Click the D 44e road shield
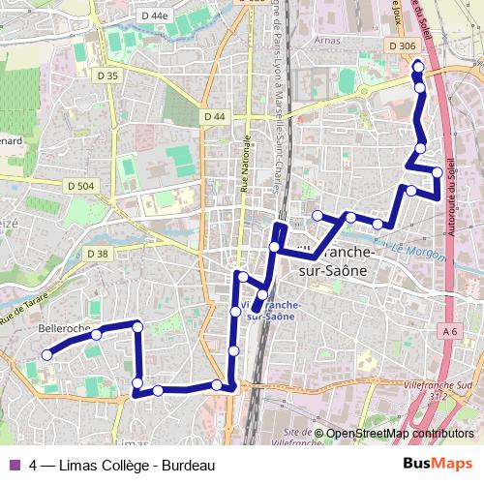(x=153, y=15)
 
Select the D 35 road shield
(x=107, y=76)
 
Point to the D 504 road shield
(x=82, y=185)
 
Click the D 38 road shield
(x=98, y=254)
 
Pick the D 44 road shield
(x=214, y=117)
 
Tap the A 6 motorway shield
(x=449, y=332)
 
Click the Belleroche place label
(x=63, y=329)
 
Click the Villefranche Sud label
(x=434, y=385)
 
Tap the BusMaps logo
(x=437, y=464)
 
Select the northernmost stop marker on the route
(x=417, y=66)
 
